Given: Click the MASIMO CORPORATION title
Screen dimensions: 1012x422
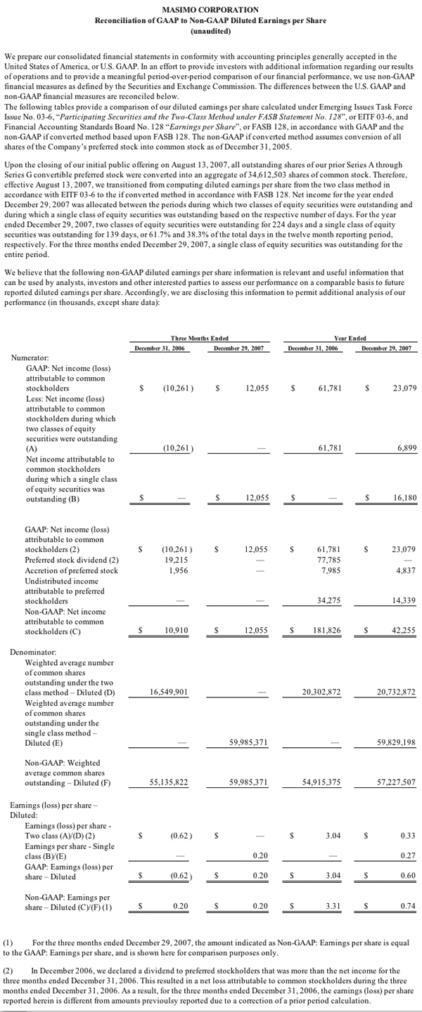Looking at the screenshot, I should point(210,10).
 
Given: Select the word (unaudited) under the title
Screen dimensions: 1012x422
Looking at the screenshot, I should point(210,32).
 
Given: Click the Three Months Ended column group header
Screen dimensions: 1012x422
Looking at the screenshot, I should point(199,339).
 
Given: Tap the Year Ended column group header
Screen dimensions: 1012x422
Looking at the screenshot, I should point(350,339).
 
